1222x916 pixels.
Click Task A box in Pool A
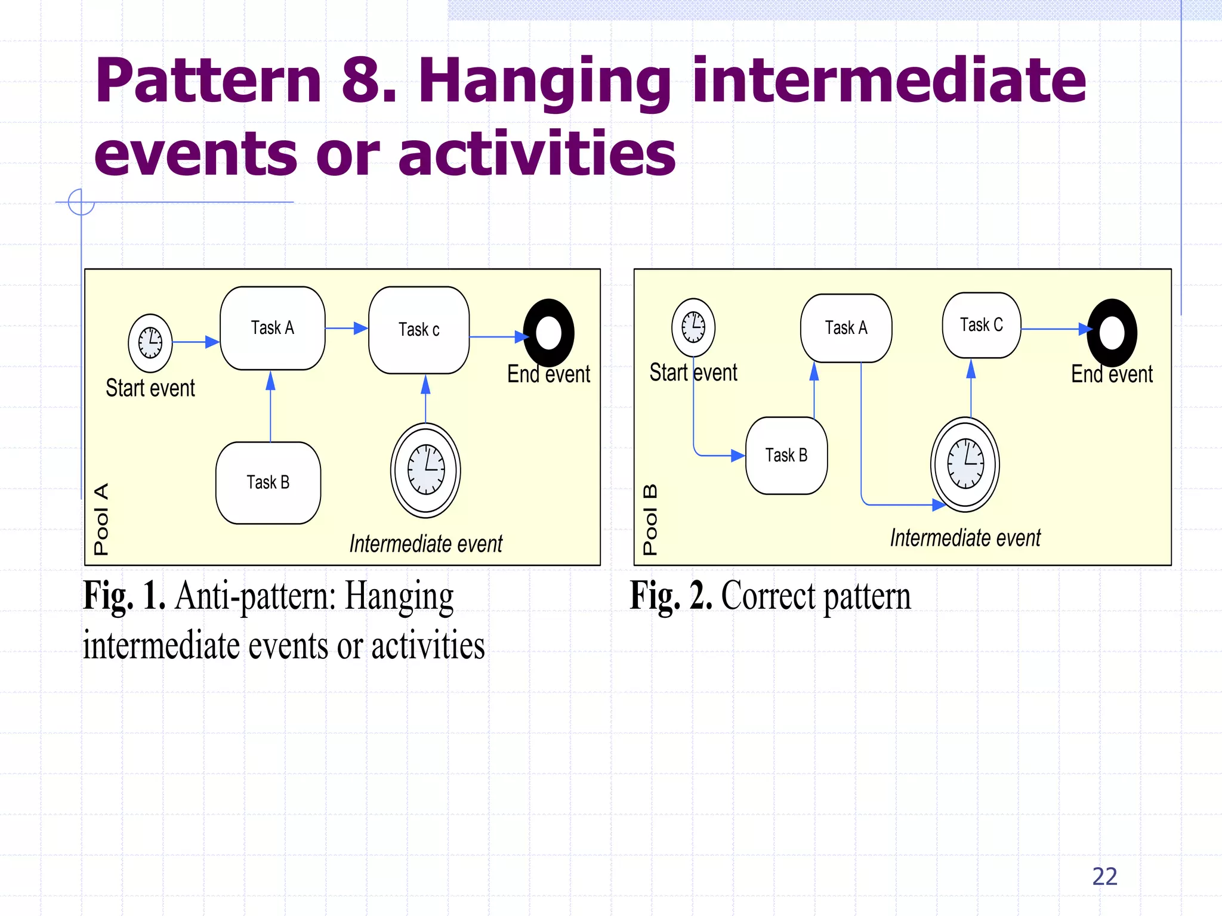click(x=273, y=328)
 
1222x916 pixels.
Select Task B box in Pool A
click(x=269, y=482)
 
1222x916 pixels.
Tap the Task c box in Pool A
click(x=419, y=330)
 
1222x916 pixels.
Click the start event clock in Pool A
click(x=150, y=343)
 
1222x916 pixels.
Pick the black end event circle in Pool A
click(x=549, y=333)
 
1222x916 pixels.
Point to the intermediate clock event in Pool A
click(x=425, y=470)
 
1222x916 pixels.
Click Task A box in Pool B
click(x=846, y=328)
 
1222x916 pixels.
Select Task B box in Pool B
click(x=786, y=456)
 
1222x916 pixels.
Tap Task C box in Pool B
click(x=982, y=325)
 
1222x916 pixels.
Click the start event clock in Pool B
click(x=693, y=327)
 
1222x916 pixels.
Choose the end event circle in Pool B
click(x=1112, y=333)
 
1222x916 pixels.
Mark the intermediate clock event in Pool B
click(x=965, y=464)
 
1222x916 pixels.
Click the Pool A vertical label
click(x=101, y=519)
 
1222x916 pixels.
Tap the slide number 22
click(x=1104, y=876)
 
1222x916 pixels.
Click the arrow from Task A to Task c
click(x=347, y=328)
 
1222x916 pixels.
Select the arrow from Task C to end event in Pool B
click(x=1054, y=329)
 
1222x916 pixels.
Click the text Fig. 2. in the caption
click(x=671, y=596)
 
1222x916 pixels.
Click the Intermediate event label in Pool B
click(x=965, y=538)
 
